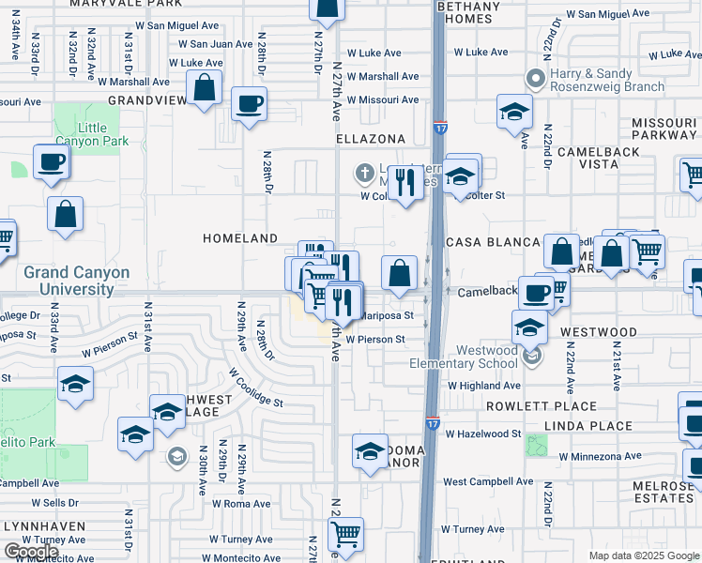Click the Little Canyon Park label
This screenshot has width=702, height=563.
(80, 135)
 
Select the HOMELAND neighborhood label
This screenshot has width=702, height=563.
(240, 239)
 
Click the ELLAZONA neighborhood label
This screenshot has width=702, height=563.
(370, 139)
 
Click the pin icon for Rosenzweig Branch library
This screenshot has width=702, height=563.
(535, 78)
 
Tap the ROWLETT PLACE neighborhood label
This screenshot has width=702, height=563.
(542, 406)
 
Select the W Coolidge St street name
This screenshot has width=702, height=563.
(255, 387)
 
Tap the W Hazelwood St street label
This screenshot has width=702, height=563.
(483, 434)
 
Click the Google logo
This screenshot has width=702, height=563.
(31, 552)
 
